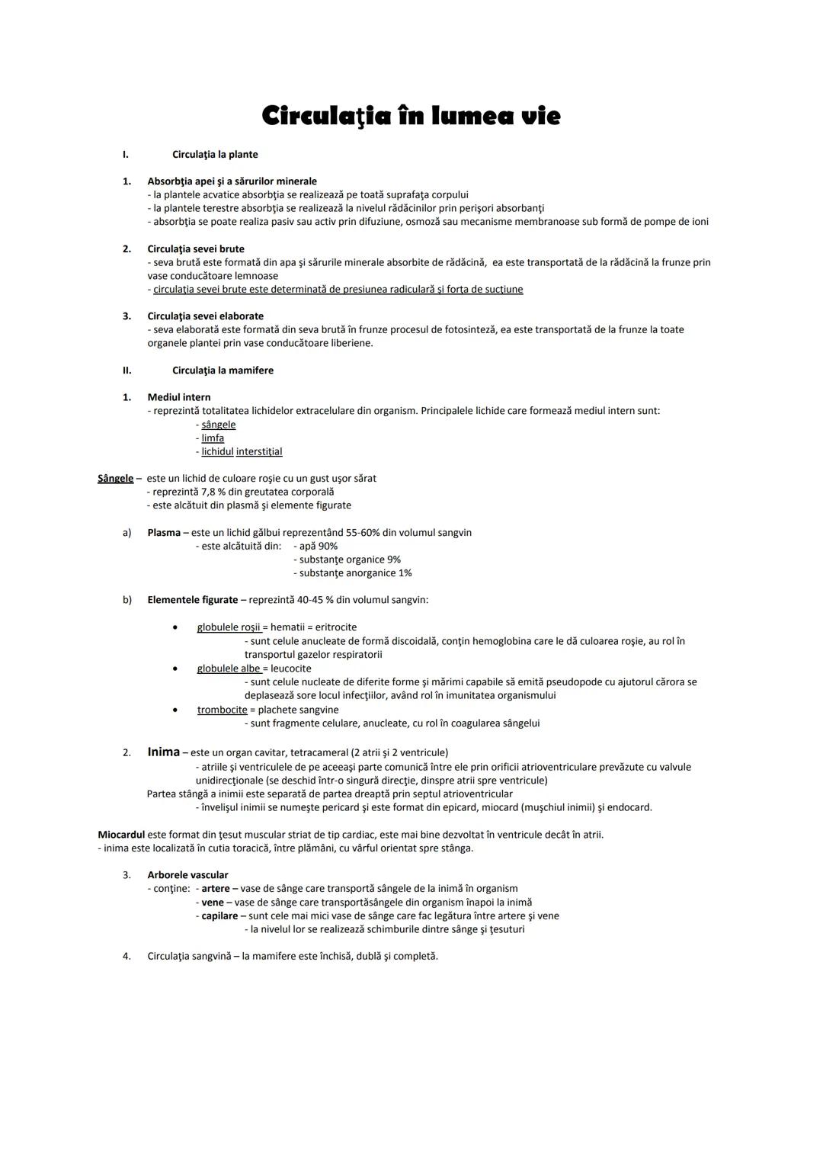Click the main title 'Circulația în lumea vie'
coord(411,117)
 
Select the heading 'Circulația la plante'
coord(215,155)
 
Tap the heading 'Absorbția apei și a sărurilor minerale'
coord(232,181)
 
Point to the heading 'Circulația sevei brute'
coord(196,249)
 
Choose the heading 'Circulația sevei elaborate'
coord(206,316)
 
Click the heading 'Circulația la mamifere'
coord(223,370)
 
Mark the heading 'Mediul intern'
coord(179,397)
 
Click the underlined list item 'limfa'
coord(213,438)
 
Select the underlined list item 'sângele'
coord(219,425)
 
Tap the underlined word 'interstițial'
coord(259,452)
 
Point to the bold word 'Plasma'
coord(164,533)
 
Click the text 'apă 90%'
coord(318,547)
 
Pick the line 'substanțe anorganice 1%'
coord(355,573)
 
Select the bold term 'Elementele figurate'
coord(193,600)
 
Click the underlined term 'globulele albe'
coord(229,669)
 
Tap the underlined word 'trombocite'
coord(222,710)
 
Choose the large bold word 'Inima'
coord(163,752)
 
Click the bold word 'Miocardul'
coord(121,835)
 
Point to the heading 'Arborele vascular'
coord(187,875)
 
